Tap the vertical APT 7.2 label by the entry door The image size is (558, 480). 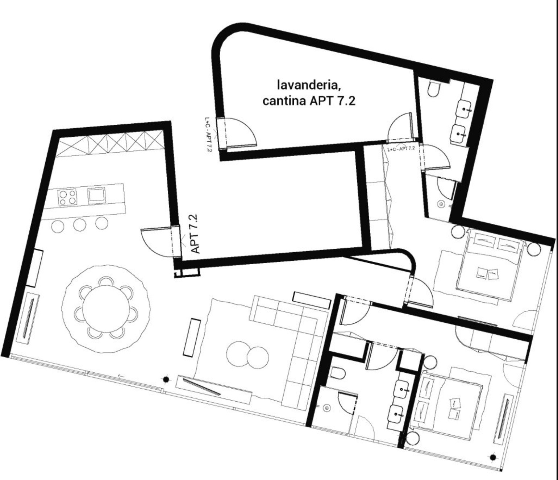(x=194, y=234)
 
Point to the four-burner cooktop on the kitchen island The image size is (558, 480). (x=67, y=198)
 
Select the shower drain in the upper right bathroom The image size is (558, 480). (x=441, y=204)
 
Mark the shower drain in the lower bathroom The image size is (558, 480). (x=327, y=408)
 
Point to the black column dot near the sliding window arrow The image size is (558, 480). (x=166, y=380)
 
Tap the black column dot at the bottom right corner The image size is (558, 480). (x=493, y=457)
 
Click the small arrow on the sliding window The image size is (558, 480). (x=121, y=376)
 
